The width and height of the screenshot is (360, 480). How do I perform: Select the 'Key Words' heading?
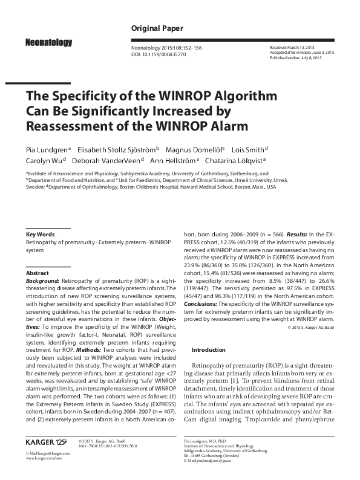[x=41, y=234]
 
